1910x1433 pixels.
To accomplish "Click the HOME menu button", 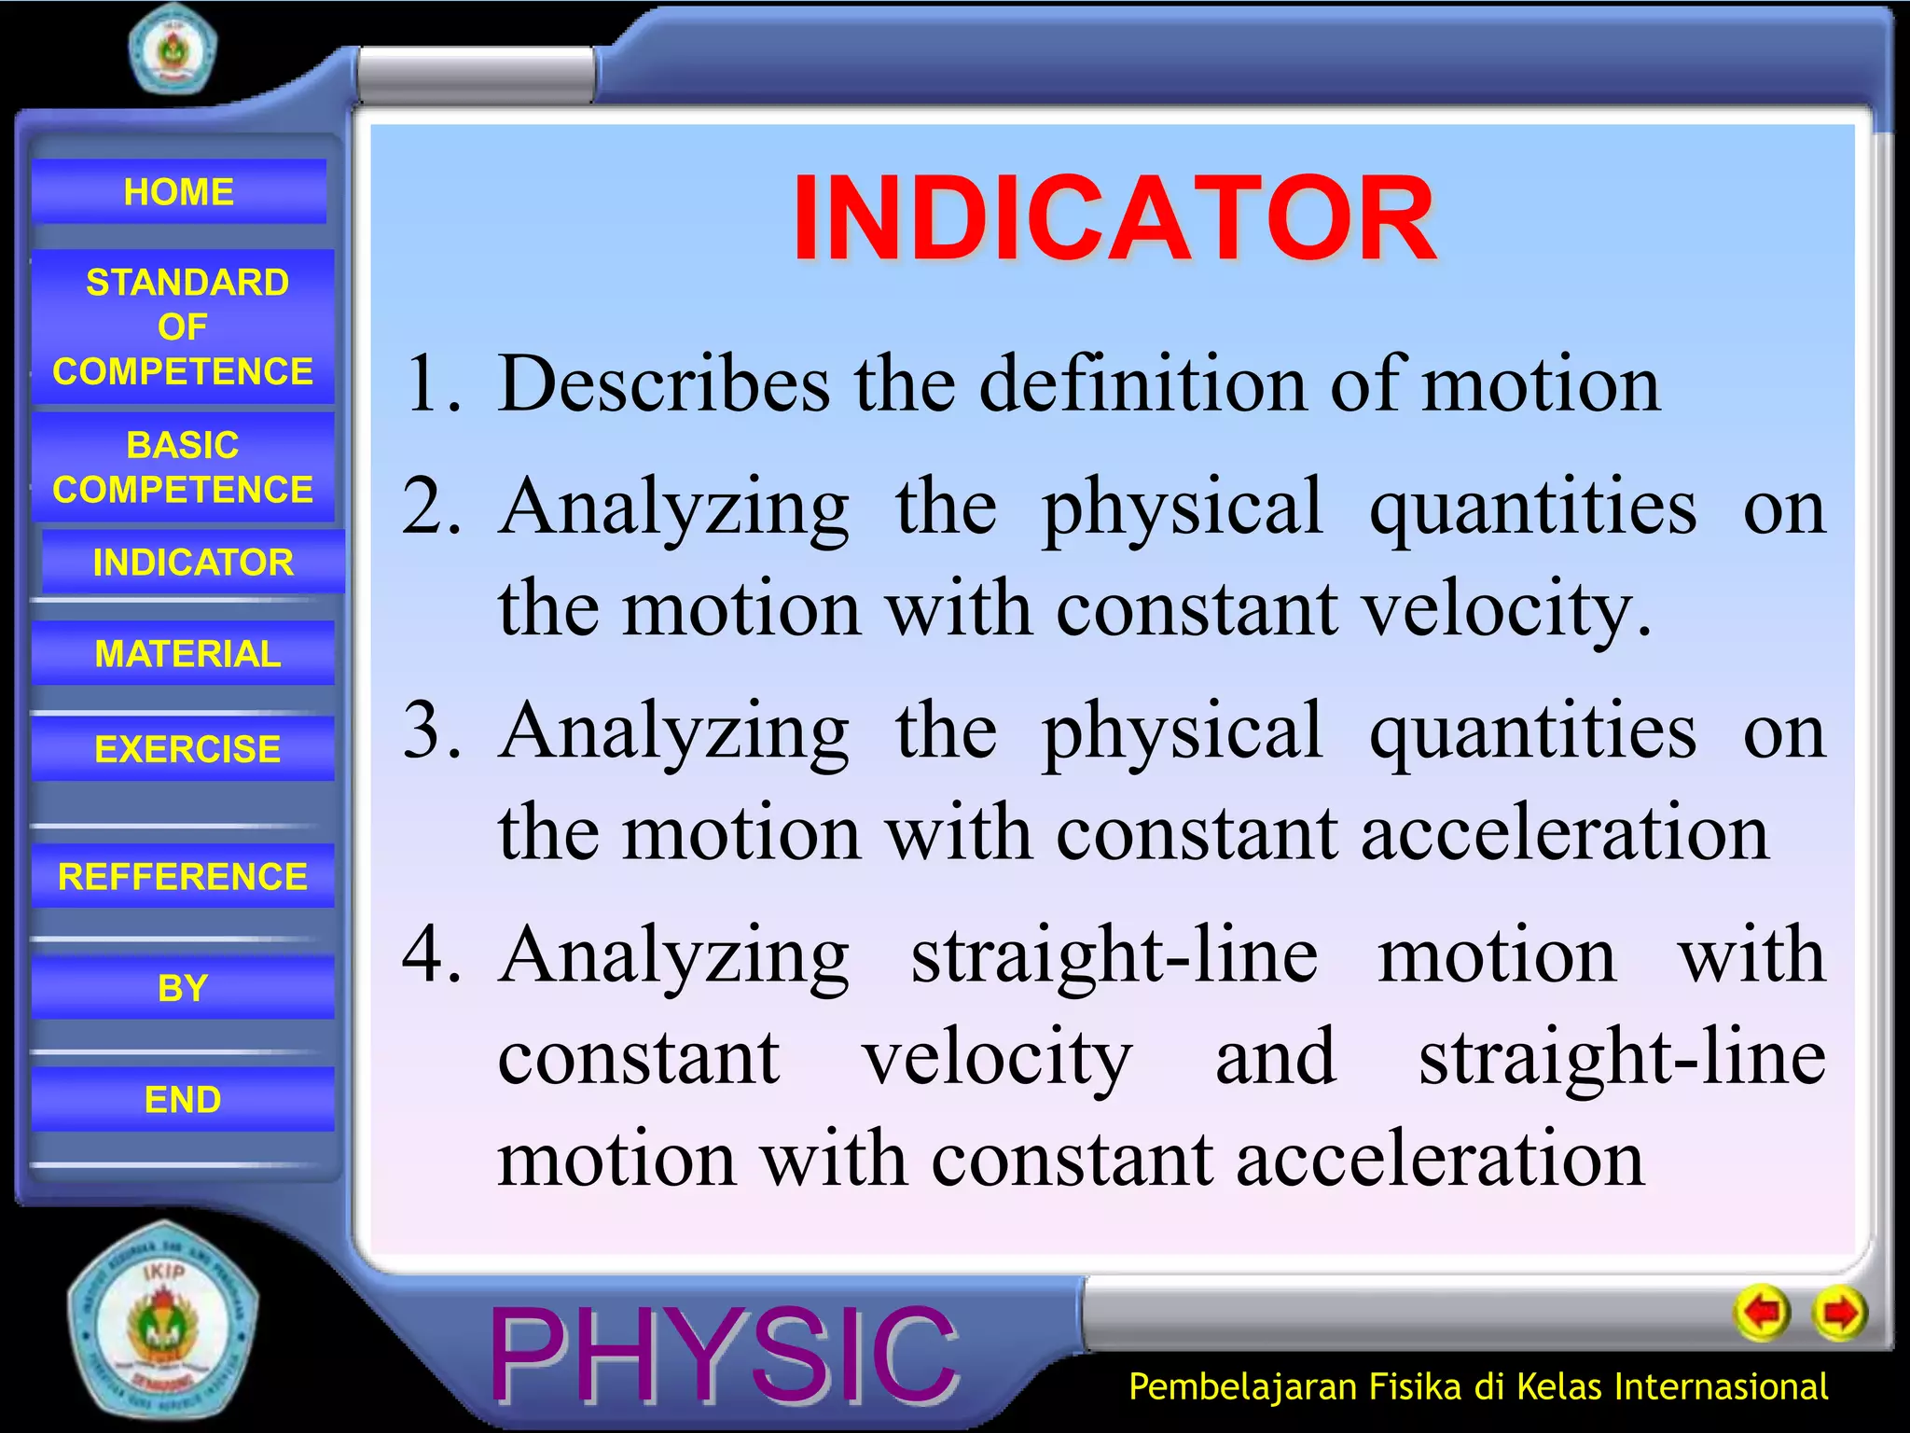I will click(x=178, y=192).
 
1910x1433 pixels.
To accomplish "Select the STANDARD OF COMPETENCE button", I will click(x=183, y=327).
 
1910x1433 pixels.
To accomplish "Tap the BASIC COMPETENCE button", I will click(x=183, y=467).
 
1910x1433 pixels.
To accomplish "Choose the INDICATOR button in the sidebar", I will click(x=192, y=563).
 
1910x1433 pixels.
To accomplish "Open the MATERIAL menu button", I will click(x=186, y=653).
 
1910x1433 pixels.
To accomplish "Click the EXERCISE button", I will click(x=186, y=749).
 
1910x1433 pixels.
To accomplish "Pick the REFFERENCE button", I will click(x=183, y=876).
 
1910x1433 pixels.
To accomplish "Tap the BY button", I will click(x=183, y=988).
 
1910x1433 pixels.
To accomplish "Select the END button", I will click(x=183, y=1099).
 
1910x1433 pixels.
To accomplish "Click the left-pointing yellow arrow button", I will click(x=1762, y=1314).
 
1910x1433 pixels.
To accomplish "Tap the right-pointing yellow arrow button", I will click(x=1839, y=1314).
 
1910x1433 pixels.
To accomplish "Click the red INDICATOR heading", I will click(x=1114, y=219).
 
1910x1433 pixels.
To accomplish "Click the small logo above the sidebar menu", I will click(x=173, y=49).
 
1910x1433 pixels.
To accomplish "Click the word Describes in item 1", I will click(x=663, y=383).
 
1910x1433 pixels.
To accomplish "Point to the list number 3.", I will click(x=431, y=730).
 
